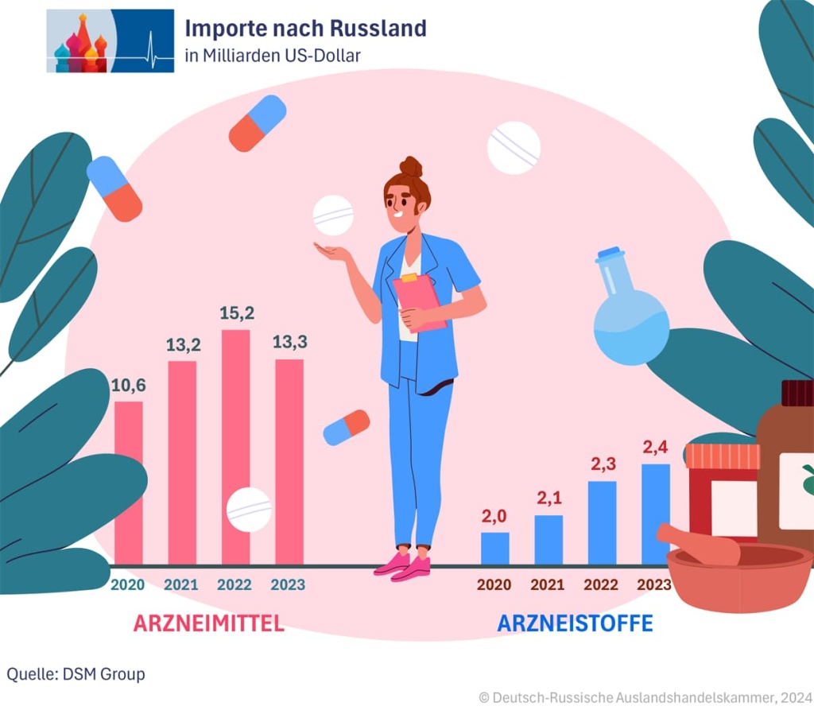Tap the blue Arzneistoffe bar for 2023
[655, 514]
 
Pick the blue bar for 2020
[494, 548]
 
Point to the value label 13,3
[289, 342]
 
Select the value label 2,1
[548, 498]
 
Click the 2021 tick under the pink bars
[181, 585]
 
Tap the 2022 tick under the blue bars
[601, 585]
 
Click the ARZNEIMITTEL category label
[208, 623]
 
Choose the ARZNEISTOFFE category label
[575, 623]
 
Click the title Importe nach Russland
[305, 29]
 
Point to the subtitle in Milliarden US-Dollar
[273, 56]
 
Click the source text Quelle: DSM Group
[76, 674]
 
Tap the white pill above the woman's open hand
[333, 215]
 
